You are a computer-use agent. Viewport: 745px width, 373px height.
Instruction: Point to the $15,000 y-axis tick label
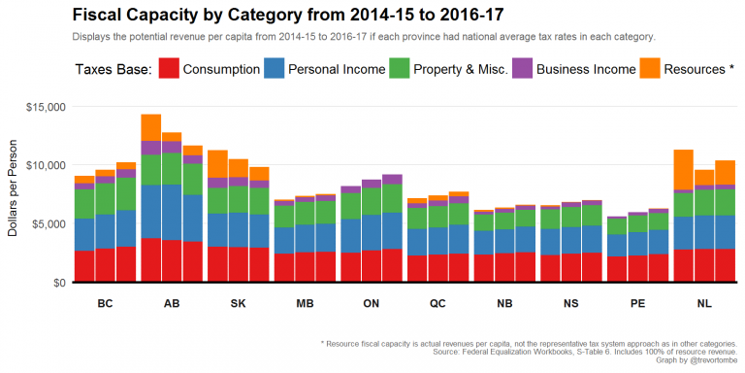pos(46,106)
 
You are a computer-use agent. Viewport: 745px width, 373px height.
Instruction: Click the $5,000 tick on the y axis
pos(49,223)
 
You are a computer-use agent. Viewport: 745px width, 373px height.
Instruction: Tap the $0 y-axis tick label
pos(57,283)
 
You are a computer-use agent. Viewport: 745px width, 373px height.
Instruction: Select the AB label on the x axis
pos(172,303)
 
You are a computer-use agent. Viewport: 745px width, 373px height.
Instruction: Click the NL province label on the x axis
pos(703,303)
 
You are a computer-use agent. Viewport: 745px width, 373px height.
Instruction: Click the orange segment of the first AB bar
pos(150,127)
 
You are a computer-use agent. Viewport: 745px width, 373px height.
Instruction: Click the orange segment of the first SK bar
pos(217,164)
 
